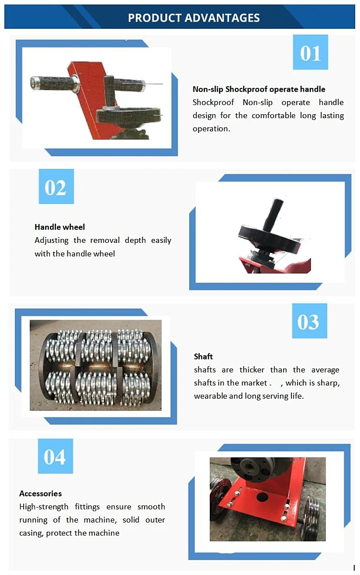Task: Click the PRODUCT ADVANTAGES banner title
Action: click(x=193, y=18)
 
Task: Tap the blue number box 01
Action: click(x=310, y=52)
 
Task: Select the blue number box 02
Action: click(x=56, y=187)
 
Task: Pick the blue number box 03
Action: click(x=309, y=321)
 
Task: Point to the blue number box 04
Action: click(x=55, y=456)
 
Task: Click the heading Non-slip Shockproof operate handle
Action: click(x=259, y=89)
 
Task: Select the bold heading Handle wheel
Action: click(x=60, y=227)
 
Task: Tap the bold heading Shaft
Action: click(x=203, y=357)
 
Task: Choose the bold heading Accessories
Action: click(x=40, y=493)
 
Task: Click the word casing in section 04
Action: click(x=31, y=533)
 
